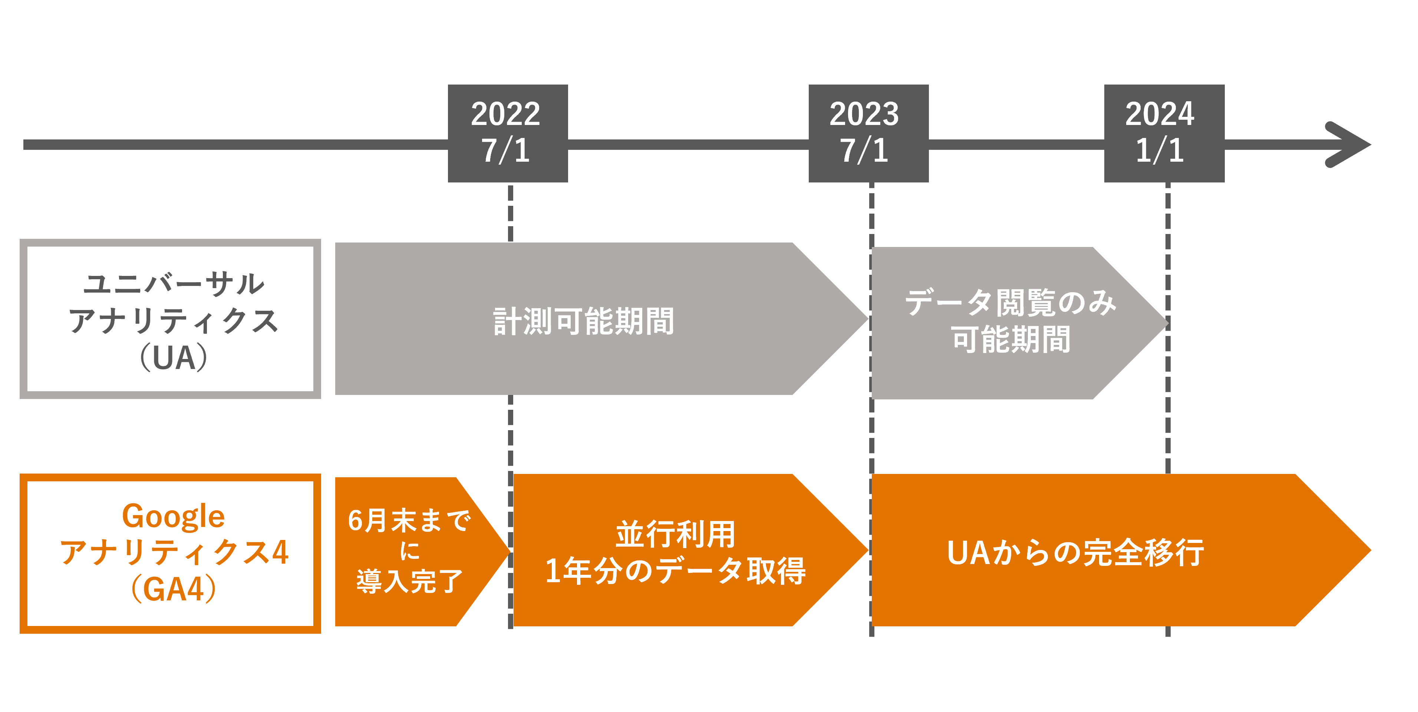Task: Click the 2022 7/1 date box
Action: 508,133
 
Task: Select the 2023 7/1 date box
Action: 868,133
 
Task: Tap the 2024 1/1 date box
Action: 1164,133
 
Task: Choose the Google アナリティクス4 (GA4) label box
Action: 170,553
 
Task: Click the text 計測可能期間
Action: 584,321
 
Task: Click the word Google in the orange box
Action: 174,517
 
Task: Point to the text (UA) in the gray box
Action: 174,358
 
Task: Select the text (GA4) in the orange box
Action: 174,589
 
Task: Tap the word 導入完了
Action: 409,581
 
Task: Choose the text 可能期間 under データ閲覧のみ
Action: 1011,339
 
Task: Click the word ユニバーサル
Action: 174,284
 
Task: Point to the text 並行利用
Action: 675,534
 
